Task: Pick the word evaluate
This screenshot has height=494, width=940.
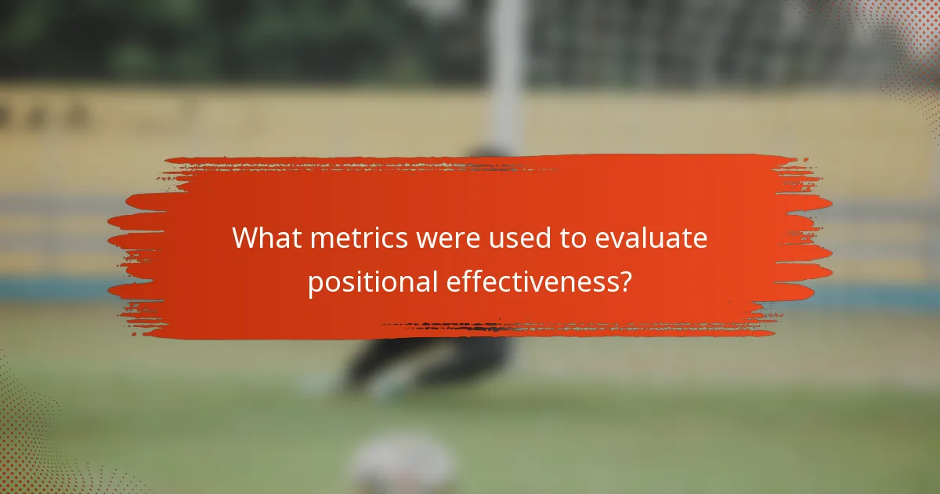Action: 651,238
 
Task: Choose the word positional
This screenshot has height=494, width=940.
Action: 372,282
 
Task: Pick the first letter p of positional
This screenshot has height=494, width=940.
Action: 313,284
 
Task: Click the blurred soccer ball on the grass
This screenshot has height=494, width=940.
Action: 402,467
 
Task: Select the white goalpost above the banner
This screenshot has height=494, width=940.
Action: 506,71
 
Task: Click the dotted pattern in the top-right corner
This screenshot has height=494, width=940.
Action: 909,39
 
